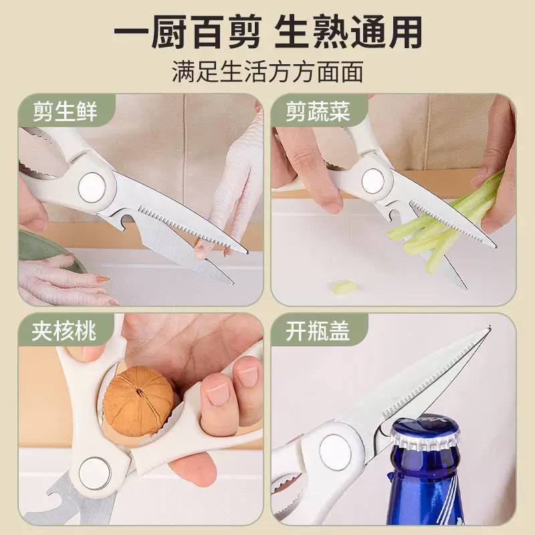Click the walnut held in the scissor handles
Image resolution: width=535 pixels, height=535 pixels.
pyautogui.click(x=138, y=401)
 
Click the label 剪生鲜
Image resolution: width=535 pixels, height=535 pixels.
pyautogui.click(x=65, y=112)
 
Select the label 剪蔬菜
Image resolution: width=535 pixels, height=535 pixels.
pyautogui.click(x=318, y=112)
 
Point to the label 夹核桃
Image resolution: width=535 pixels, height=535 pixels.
pyautogui.click(x=64, y=331)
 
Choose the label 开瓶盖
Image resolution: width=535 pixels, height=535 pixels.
pyautogui.click(x=318, y=331)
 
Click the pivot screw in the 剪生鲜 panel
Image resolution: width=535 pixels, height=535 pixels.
pyautogui.click(x=92, y=188)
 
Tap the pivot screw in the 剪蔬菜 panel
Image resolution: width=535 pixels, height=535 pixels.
pyautogui.click(x=373, y=181)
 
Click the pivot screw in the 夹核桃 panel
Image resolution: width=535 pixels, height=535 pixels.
pyautogui.click(x=95, y=473)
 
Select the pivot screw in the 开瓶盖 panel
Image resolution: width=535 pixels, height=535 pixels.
pyautogui.click(x=336, y=452)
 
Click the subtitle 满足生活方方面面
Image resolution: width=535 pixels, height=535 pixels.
pyautogui.click(x=267, y=72)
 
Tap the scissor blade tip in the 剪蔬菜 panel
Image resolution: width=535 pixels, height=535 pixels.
pyautogui.click(x=494, y=245)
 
